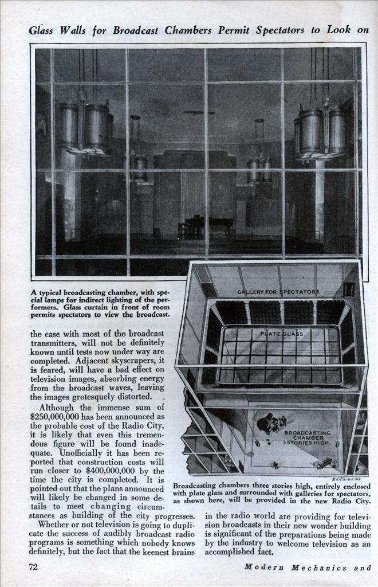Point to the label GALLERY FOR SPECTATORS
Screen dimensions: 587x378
point(278,292)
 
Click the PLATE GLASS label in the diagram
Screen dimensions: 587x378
point(282,333)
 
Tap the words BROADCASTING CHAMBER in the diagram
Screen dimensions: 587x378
point(307,436)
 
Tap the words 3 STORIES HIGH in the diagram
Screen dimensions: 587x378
point(307,444)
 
